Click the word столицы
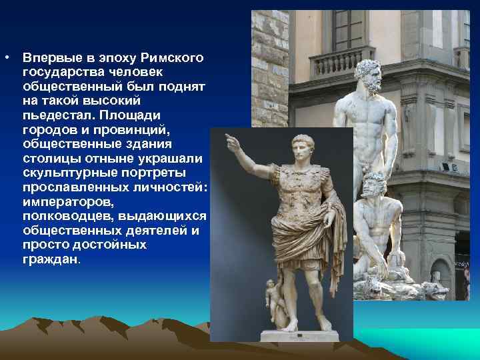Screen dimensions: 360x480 click(45, 158)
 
